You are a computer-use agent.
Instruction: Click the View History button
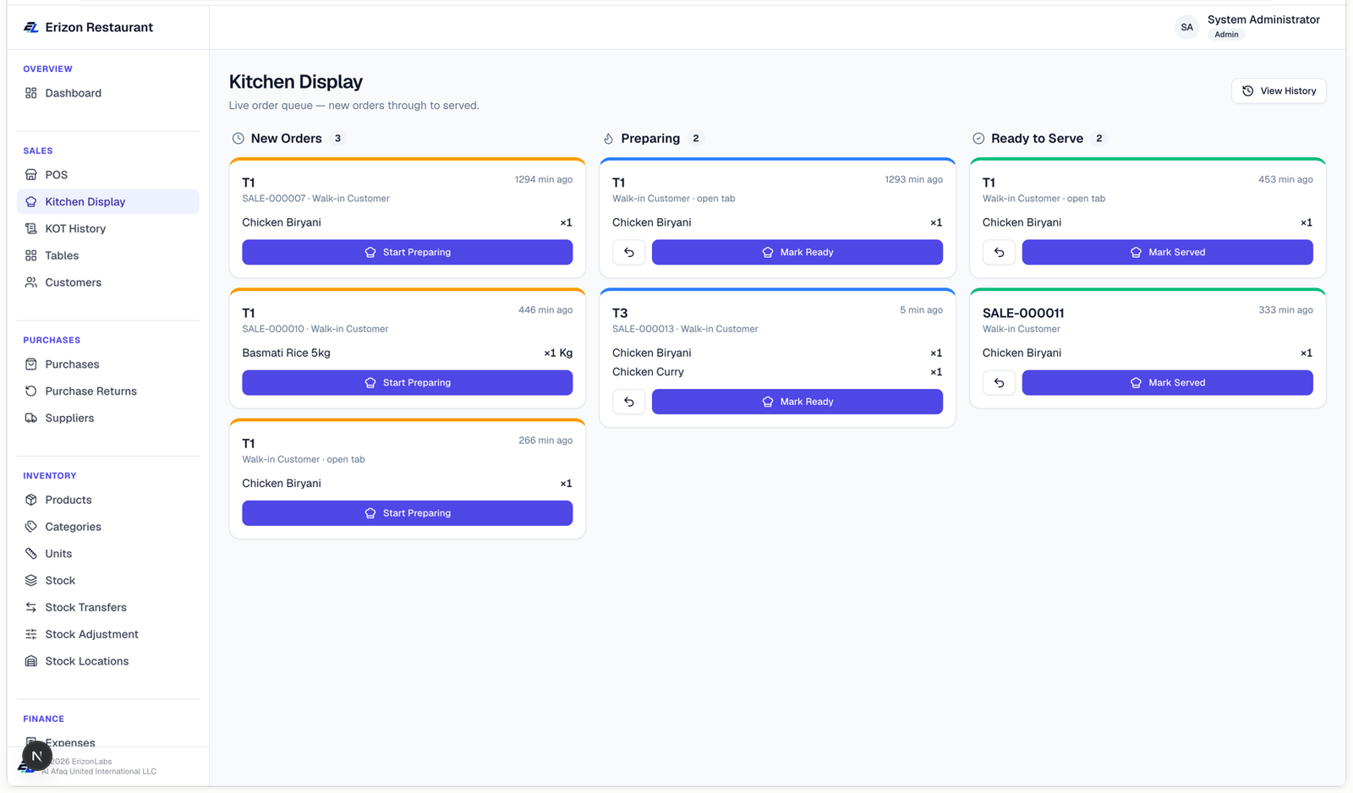(x=1279, y=90)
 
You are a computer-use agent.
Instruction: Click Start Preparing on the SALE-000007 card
(x=407, y=252)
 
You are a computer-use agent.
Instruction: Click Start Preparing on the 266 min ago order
(x=407, y=513)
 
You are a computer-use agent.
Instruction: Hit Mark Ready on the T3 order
(x=797, y=402)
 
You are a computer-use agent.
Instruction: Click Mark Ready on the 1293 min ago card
(x=797, y=252)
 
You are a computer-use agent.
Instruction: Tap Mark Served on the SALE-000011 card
(x=1167, y=382)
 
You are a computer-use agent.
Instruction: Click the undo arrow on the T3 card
(x=629, y=402)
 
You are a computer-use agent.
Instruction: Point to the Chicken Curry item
(x=648, y=372)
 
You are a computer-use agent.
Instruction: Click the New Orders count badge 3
(x=337, y=139)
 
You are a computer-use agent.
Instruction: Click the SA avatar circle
(x=1187, y=27)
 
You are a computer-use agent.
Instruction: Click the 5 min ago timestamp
(x=921, y=309)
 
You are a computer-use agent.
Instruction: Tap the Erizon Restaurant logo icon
(x=30, y=27)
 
